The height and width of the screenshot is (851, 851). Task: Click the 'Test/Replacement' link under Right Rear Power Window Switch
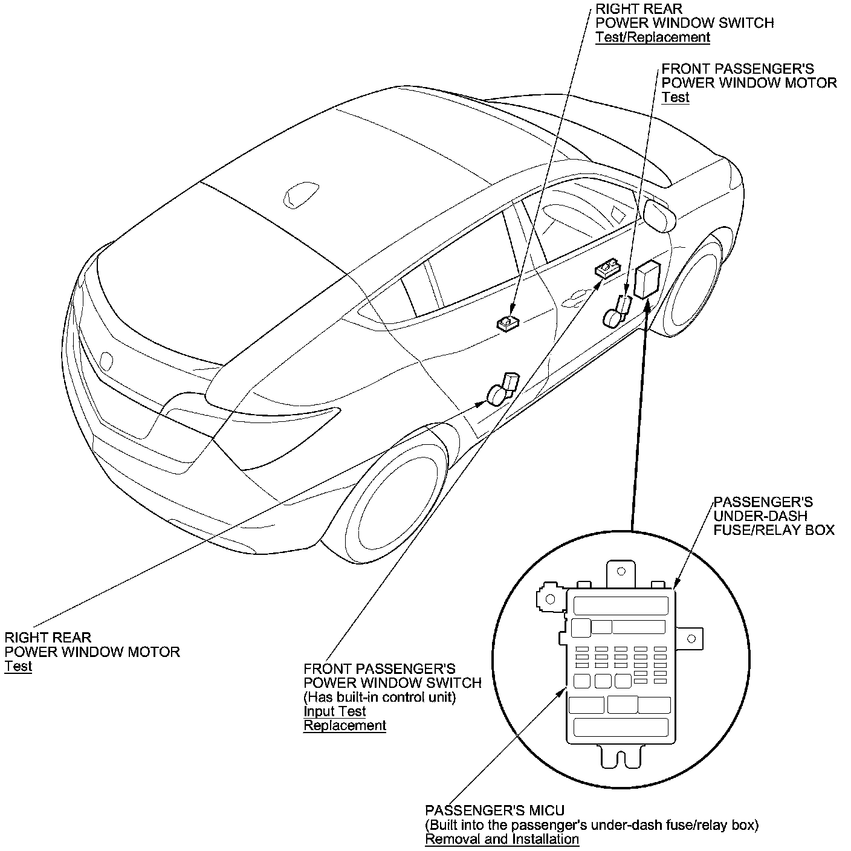652,37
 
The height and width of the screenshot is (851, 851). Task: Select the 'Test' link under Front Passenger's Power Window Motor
675,97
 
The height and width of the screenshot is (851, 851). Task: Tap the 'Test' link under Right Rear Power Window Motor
18,666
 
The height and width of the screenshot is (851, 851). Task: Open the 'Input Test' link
334,711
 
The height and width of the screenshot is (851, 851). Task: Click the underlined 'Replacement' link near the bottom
345,725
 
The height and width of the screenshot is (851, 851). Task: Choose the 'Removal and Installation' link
502,839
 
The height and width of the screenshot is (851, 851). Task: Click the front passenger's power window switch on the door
607,268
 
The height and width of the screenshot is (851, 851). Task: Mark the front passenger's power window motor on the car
616,311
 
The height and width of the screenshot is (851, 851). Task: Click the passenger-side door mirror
659,215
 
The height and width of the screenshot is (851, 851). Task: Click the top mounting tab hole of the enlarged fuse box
620,571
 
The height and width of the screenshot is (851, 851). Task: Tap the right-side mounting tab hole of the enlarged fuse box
693,638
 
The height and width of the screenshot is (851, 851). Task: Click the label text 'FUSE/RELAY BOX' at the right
774,530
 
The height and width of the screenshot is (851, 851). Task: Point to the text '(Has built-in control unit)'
379,697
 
